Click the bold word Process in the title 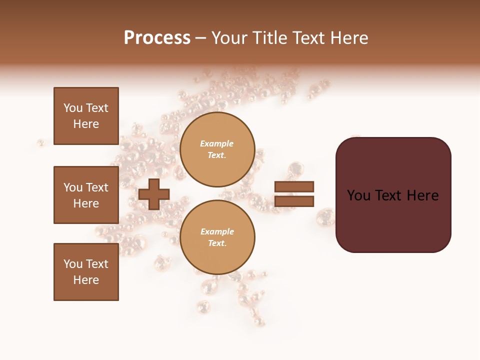coord(157,38)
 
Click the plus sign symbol coord(154,194)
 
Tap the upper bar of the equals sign coord(294,186)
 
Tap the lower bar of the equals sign coord(294,201)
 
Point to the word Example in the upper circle coord(217,143)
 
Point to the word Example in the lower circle coord(217,231)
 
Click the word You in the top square coord(72,108)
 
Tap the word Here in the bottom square coord(86,280)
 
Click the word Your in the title coord(230,38)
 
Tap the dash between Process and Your coord(201,38)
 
